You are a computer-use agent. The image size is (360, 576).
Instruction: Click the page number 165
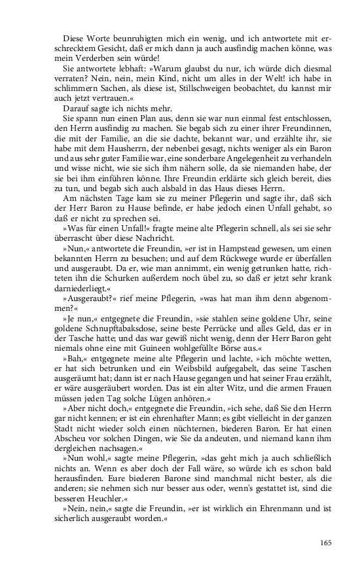tap(327, 541)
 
